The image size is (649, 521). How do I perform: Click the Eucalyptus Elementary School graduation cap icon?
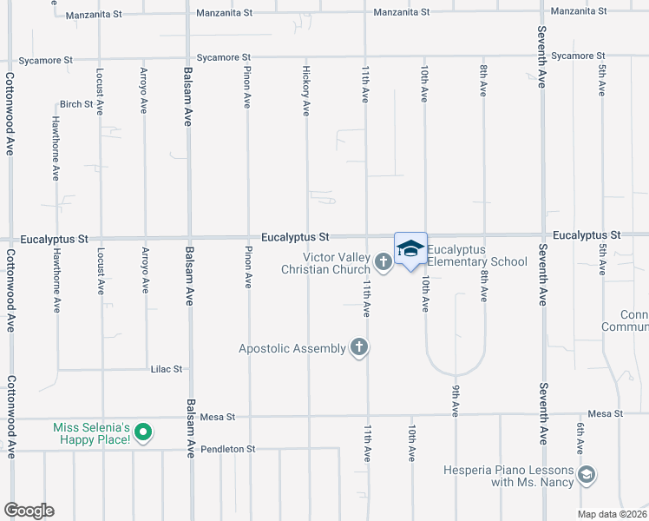(x=411, y=248)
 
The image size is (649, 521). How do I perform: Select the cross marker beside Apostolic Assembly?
(x=358, y=348)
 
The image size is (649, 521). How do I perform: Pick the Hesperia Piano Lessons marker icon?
(x=587, y=474)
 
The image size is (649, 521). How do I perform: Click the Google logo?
(x=29, y=511)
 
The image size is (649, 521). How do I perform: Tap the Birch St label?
(x=76, y=104)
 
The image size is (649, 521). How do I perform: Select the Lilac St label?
(x=166, y=369)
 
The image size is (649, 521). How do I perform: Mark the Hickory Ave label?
(x=306, y=90)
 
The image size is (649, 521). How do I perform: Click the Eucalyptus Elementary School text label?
(x=476, y=255)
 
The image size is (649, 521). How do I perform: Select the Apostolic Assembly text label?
(x=292, y=349)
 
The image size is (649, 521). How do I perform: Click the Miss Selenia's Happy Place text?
(x=92, y=433)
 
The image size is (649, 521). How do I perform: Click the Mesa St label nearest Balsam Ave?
(x=218, y=417)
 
